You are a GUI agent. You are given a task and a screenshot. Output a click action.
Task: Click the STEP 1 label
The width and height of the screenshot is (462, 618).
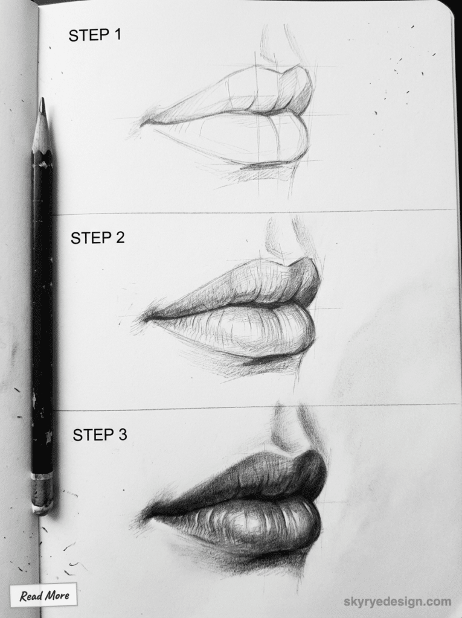(95, 35)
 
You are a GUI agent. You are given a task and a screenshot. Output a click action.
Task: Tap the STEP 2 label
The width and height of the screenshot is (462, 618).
(97, 238)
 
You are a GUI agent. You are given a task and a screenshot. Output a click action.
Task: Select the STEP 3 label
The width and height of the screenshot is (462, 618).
(100, 434)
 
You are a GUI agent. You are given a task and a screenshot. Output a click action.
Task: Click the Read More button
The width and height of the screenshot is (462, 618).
(43, 596)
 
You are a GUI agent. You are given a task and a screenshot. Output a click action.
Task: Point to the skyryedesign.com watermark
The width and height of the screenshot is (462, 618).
(397, 601)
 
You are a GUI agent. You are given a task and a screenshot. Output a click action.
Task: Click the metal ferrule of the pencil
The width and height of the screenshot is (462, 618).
(42, 492)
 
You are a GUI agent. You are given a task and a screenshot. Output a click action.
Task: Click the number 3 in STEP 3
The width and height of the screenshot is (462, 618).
(123, 434)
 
